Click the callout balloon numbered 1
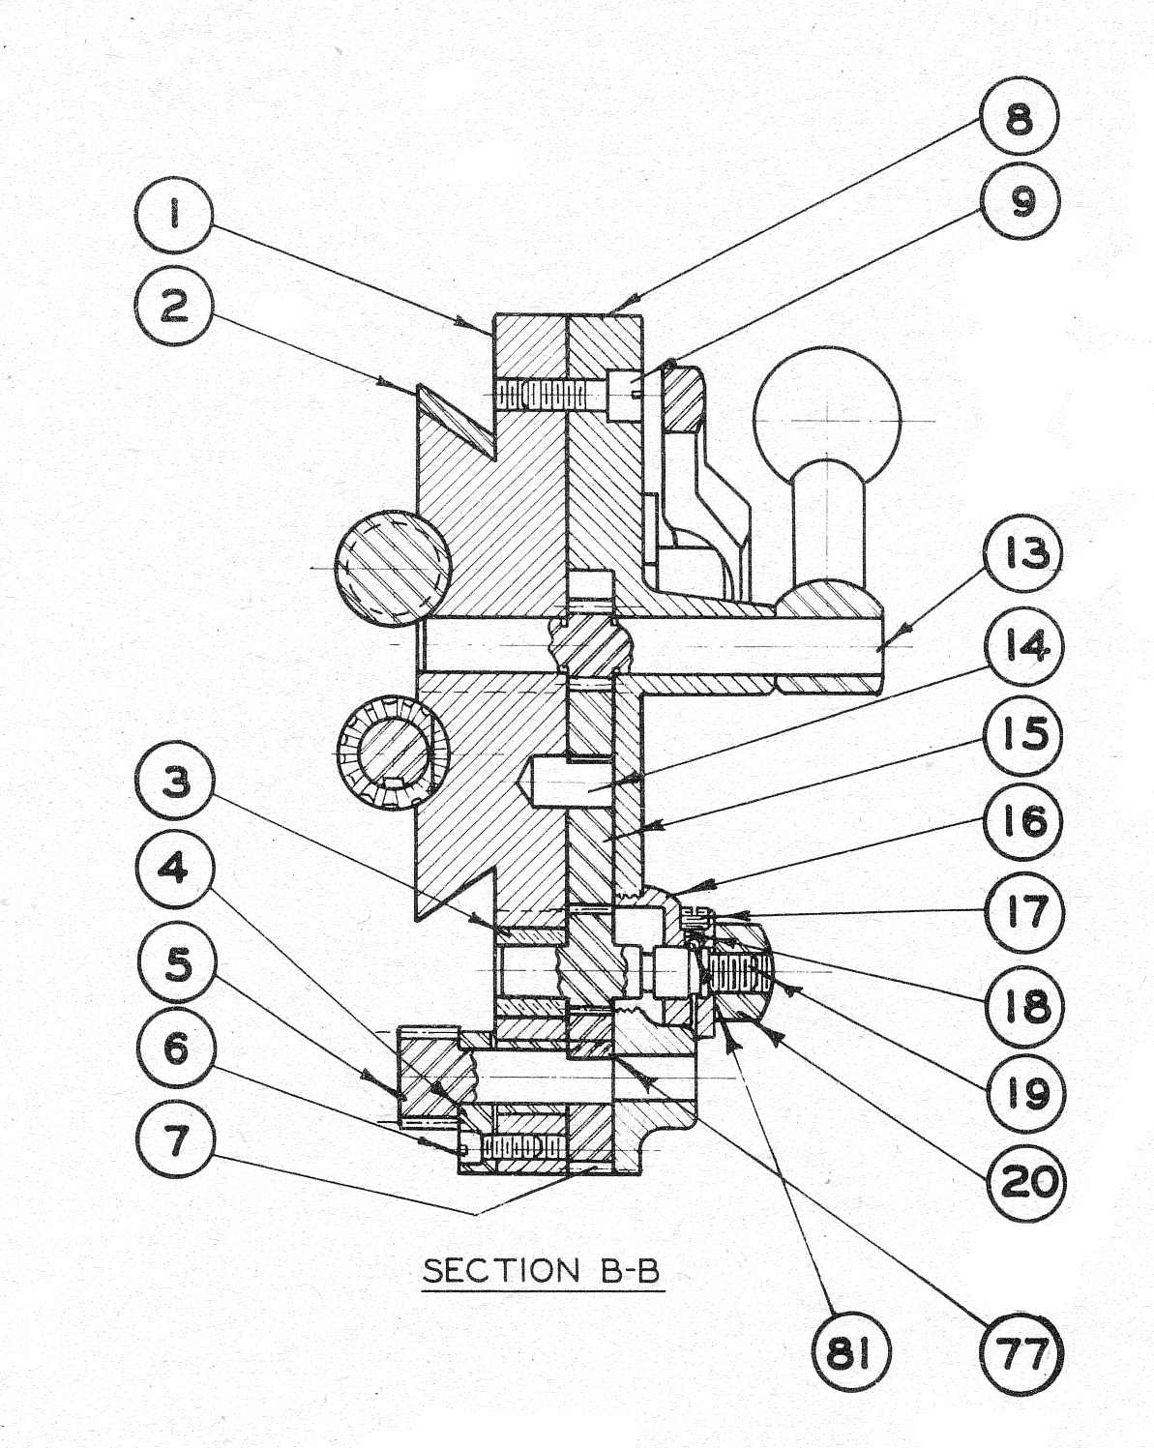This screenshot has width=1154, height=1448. coord(174,219)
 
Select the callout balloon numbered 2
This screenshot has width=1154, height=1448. coord(174,308)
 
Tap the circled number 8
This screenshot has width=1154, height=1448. coord(1020,121)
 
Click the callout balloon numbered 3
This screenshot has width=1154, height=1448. coord(175,783)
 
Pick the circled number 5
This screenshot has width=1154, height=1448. coord(175,963)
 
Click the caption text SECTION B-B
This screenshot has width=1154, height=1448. coord(541,1270)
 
